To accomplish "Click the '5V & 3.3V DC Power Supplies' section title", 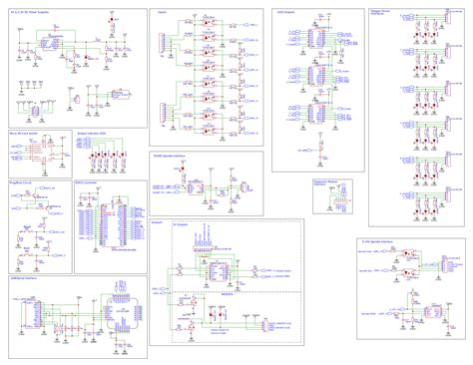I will [31, 11].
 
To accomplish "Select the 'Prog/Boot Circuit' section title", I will [22, 182].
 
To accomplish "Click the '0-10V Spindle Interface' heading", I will [384, 213].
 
